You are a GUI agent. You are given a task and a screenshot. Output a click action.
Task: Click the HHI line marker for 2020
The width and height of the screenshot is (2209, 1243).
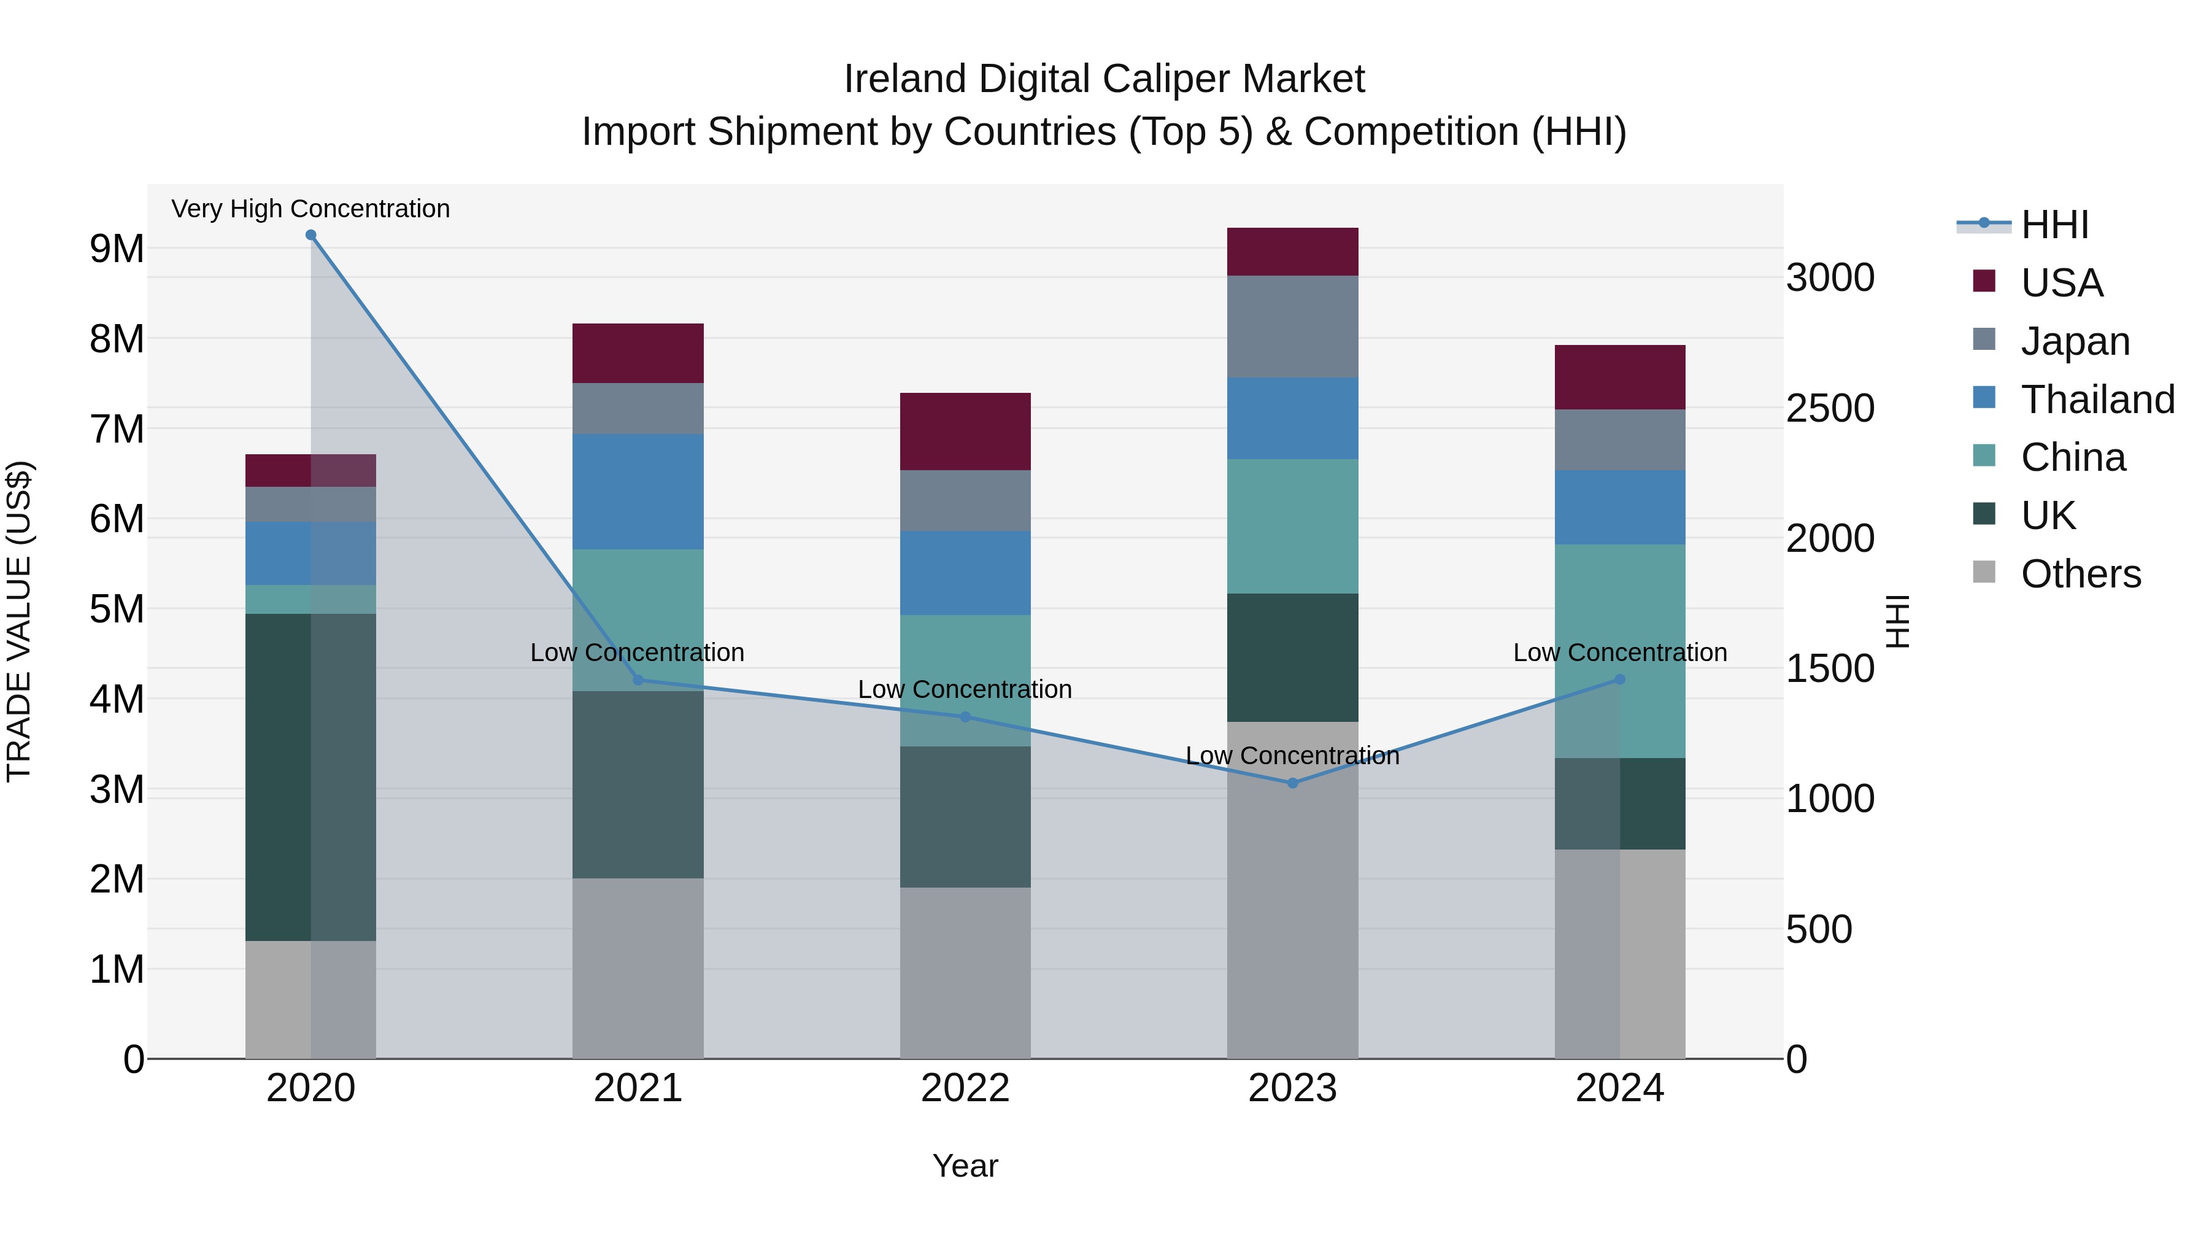pos(310,235)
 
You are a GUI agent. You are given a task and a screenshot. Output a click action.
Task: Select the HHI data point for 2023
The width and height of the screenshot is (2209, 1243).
pos(1292,783)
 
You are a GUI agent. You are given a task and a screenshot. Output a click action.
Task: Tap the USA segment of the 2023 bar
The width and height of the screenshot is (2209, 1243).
pos(1292,251)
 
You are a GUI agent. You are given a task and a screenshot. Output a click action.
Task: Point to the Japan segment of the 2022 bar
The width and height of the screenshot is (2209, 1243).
pos(965,500)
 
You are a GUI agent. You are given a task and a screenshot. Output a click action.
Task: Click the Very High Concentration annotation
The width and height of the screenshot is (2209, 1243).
pos(310,209)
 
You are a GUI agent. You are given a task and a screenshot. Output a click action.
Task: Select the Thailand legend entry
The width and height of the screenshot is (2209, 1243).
pos(2097,399)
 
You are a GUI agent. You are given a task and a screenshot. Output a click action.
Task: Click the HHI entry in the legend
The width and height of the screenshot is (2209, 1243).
pos(2054,225)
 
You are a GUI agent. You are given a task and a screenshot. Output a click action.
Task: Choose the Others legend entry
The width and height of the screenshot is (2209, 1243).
pos(2080,573)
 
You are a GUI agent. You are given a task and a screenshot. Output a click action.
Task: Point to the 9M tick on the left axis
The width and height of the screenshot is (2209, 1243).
pos(117,249)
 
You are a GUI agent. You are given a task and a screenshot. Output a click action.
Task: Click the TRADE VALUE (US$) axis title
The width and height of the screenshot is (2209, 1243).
pos(20,621)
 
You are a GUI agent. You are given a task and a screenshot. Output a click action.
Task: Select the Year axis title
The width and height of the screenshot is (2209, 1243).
pos(965,1166)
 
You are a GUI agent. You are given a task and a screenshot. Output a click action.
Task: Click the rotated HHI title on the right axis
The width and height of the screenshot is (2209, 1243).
pos(1898,621)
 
